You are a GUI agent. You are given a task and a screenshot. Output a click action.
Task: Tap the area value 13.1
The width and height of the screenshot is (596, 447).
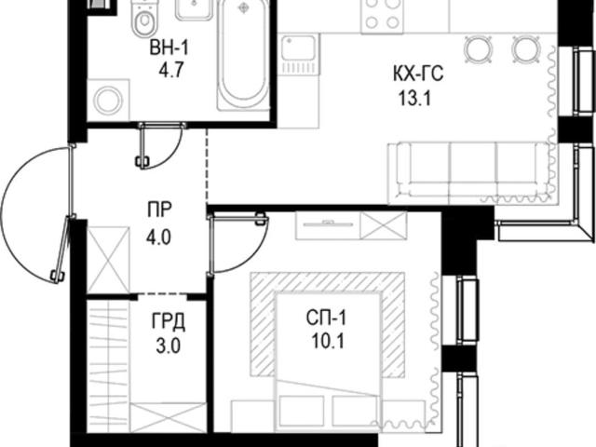click(414, 99)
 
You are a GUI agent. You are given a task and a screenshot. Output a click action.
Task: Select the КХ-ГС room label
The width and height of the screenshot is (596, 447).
click(418, 74)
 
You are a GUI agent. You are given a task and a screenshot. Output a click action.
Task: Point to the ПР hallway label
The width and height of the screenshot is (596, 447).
click(159, 210)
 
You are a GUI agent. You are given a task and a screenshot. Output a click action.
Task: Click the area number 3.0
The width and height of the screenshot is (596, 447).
click(168, 346)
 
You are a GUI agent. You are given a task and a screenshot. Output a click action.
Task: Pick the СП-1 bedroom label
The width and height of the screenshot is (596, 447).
click(327, 318)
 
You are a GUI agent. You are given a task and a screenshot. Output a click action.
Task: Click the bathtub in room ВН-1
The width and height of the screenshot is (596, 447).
click(243, 56)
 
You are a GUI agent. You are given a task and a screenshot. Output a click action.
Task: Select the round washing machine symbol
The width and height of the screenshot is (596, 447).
click(108, 101)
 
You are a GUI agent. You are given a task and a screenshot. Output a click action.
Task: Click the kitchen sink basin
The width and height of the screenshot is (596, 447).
click(298, 48)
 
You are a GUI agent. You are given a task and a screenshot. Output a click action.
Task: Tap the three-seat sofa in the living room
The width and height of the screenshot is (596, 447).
click(469, 173)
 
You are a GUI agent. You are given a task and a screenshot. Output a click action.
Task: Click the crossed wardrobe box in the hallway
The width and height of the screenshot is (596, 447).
click(108, 260)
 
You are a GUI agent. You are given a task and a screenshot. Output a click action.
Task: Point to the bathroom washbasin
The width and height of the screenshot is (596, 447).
click(194, 9)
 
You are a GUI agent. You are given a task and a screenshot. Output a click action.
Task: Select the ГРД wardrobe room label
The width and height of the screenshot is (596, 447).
click(169, 321)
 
